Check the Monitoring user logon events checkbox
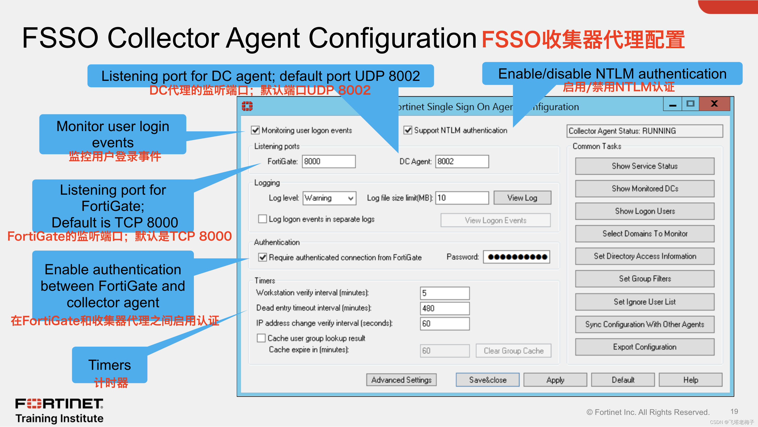pyautogui.click(x=255, y=130)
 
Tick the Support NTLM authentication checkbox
pyautogui.click(x=408, y=130)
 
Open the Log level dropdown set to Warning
pyautogui.click(x=329, y=198)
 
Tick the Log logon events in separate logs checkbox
pyautogui.click(x=262, y=219)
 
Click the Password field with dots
pyautogui.click(x=516, y=257)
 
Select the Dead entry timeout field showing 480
pyautogui.click(x=444, y=308)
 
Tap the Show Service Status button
pyautogui.click(x=644, y=166)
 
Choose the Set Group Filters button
pyautogui.click(x=644, y=279)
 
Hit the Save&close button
pyautogui.click(x=488, y=380)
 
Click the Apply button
pyautogui.click(x=555, y=380)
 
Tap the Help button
pyautogui.click(x=690, y=380)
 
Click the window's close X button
pyautogui.click(x=714, y=104)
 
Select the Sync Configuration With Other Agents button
pyautogui.click(x=644, y=324)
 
